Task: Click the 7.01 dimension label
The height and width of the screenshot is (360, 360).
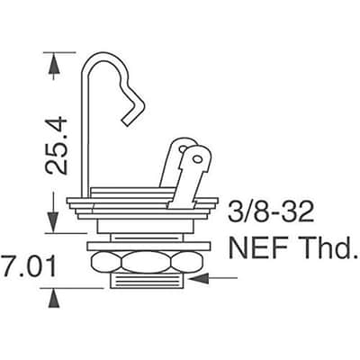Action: pos(29,265)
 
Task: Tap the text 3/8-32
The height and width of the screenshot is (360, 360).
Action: pos(271,211)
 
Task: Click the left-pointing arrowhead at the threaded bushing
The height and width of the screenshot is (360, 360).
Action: pos(200,278)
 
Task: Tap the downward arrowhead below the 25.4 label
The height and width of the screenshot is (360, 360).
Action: pos(53,222)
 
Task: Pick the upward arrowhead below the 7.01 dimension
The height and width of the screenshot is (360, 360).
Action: pos(54,298)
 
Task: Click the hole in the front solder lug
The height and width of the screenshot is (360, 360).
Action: pos(197,158)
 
